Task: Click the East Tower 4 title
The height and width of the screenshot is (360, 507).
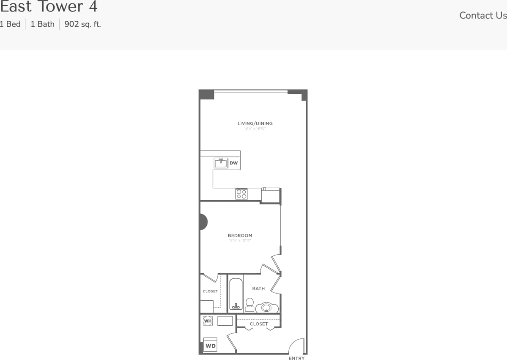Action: [49, 7]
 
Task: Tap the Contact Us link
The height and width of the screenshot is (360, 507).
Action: [483, 15]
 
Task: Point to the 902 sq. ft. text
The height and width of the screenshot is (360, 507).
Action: [82, 24]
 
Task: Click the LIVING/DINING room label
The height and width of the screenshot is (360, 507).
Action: [255, 124]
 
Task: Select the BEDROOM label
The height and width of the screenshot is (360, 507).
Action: [240, 236]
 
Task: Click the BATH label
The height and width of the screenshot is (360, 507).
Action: [258, 289]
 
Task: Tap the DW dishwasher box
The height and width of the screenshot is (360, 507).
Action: [234, 163]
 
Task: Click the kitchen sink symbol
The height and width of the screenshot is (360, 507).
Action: [221, 163]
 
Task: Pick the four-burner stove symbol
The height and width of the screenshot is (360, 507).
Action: [241, 194]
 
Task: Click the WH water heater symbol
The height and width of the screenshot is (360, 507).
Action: [208, 321]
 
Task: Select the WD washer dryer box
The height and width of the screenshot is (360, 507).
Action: [210, 345]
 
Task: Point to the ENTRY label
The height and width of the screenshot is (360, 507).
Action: [296, 358]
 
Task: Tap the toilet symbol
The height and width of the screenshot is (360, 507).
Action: [249, 304]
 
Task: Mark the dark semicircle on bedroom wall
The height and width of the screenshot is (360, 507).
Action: [203, 222]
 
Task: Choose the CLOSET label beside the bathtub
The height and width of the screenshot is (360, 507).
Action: [210, 291]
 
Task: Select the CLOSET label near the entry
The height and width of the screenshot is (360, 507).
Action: [259, 324]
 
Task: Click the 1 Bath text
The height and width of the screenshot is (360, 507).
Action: [42, 24]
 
